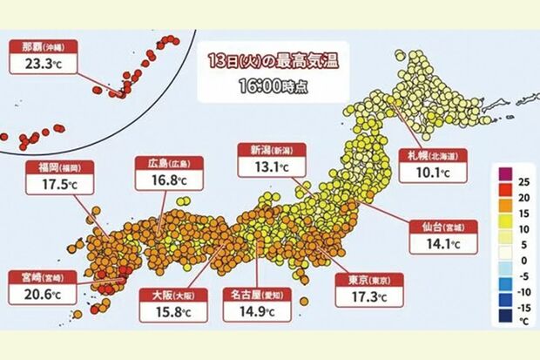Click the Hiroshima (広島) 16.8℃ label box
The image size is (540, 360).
tap(165, 172)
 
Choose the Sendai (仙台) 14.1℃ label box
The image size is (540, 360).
tap(441, 235)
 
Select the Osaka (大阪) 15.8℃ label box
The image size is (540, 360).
tap(170, 301)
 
